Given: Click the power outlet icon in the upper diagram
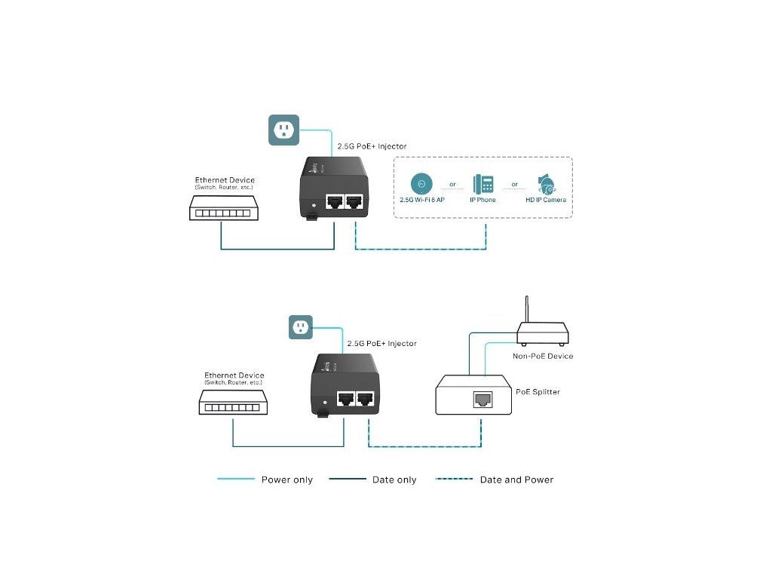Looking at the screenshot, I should pyautogui.click(x=284, y=130).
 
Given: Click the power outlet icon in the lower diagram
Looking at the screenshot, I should pyautogui.click(x=301, y=327).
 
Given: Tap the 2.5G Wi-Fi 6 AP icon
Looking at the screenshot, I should pyautogui.click(x=421, y=183).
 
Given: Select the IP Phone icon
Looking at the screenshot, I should pyautogui.click(x=482, y=184).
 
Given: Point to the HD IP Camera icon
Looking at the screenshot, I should pyautogui.click(x=545, y=183).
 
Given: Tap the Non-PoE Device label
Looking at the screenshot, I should pyautogui.click(x=543, y=356).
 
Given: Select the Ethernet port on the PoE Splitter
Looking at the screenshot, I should pyautogui.click(x=479, y=399).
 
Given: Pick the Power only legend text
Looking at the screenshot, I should pyautogui.click(x=286, y=480).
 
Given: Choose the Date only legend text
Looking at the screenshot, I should pyautogui.click(x=394, y=480).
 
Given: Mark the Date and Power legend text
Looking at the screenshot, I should pyautogui.click(x=516, y=480).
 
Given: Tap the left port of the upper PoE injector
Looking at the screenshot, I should pyautogui.click(x=334, y=202).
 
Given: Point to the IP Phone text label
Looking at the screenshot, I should pyautogui.click(x=482, y=201).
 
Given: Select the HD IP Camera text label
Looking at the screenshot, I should pyautogui.click(x=546, y=201).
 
